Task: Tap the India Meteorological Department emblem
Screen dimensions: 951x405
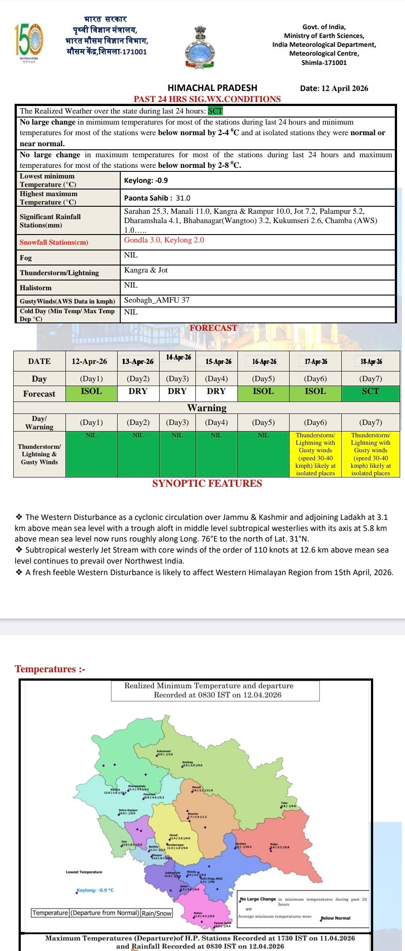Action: click(x=199, y=47)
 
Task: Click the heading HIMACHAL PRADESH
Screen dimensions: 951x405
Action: click(x=212, y=88)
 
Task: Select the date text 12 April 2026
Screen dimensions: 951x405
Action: click(x=344, y=88)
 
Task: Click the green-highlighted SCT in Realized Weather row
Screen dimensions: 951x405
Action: click(x=215, y=111)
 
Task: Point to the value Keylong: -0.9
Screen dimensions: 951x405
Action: click(x=146, y=180)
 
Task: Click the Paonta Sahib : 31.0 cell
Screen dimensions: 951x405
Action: click(x=157, y=198)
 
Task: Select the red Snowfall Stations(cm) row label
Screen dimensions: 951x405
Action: click(x=54, y=242)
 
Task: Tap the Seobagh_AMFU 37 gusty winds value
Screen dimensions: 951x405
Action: click(x=157, y=300)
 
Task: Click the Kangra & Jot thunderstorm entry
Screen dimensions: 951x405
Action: click(x=146, y=270)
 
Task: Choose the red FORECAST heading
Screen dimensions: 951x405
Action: click(x=213, y=328)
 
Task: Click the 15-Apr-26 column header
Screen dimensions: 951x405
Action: click(x=218, y=361)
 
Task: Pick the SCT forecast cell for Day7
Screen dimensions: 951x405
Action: click(x=371, y=391)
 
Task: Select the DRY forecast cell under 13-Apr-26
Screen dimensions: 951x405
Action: click(x=138, y=391)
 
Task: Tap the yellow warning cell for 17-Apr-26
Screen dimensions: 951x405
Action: click(x=315, y=454)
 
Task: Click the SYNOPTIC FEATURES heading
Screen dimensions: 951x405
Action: click(x=207, y=483)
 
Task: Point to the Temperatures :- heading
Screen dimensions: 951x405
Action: click(x=50, y=669)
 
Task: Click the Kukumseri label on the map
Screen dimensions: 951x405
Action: click(x=164, y=751)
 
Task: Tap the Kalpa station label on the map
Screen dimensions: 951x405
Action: click(x=274, y=844)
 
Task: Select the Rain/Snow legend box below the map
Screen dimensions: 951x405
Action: click(x=157, y=913)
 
